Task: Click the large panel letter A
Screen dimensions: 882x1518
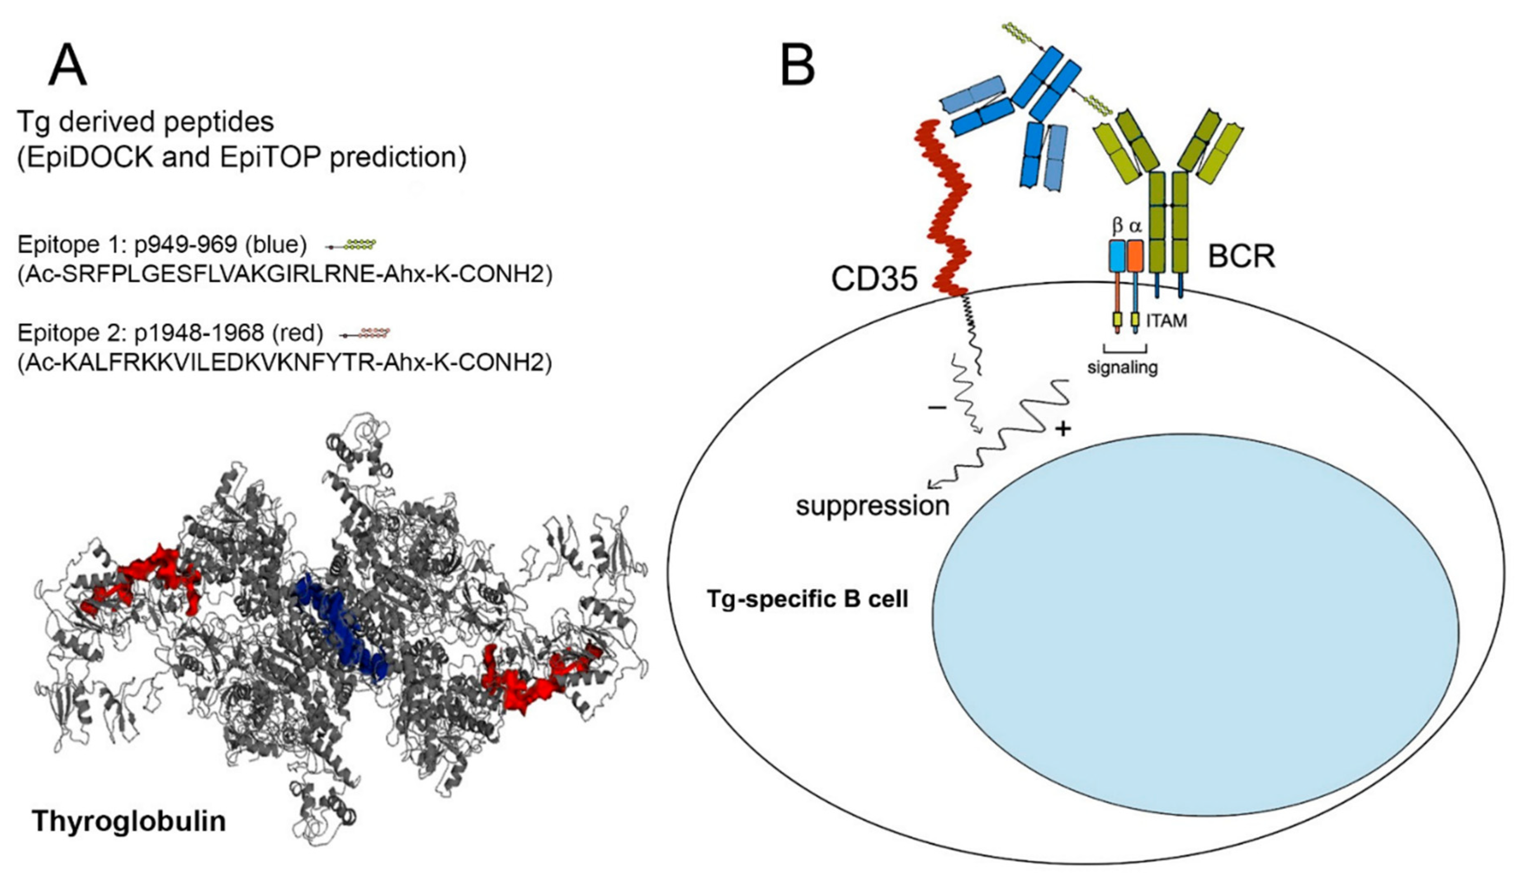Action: [68, 66]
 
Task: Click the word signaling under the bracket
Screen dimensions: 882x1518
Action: [1122, 366]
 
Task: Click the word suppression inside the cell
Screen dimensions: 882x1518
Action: [872, 505]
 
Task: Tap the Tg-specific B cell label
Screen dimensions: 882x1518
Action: [807, 599]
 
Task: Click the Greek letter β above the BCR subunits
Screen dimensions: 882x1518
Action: [1117, 226]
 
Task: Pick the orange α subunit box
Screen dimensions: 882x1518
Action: [1135, 255]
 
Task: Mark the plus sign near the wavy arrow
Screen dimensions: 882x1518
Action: [1063, 429]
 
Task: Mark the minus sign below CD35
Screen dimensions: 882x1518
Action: [937, 408]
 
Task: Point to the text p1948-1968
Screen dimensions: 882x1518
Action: [199, 333]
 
